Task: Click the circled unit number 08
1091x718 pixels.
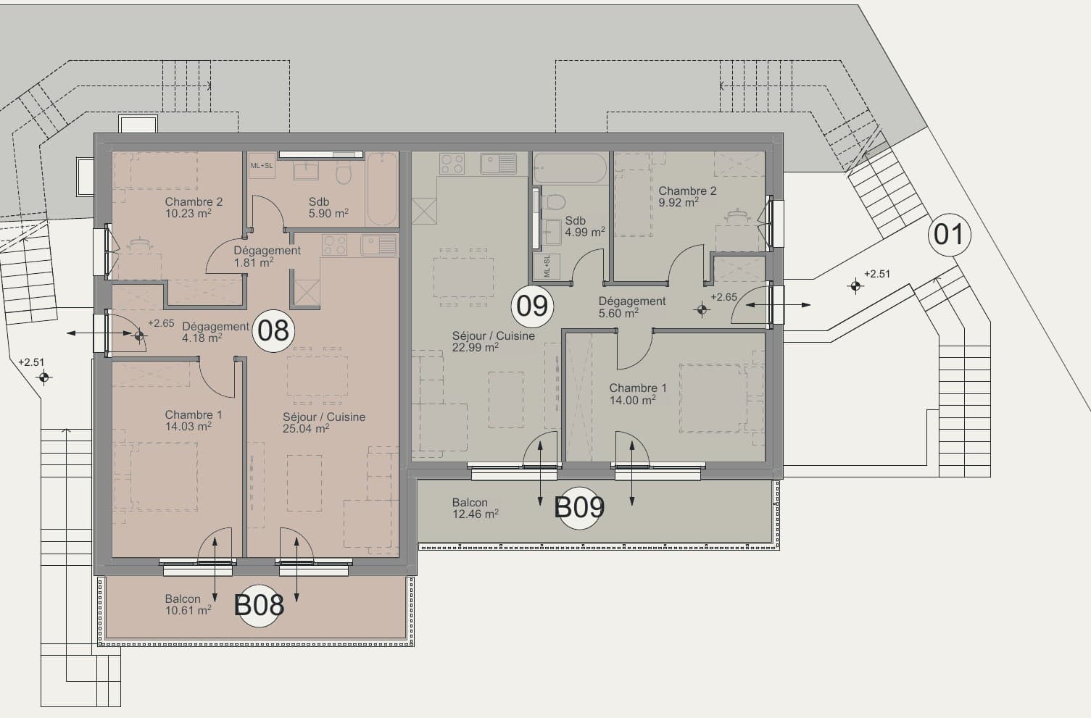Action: click(273, 331)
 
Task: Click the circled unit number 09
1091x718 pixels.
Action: click(532, 306)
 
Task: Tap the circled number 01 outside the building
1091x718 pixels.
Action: click(949, 235)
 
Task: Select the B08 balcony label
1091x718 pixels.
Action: click(259, 605)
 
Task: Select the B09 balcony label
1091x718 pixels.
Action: click(579, 508)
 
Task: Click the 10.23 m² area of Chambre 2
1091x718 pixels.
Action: click(188, 214)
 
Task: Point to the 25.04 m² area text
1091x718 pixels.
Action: click(306, 429)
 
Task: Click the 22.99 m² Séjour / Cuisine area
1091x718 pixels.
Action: click(476, 348)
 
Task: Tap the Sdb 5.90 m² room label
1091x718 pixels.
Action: click(328, 208)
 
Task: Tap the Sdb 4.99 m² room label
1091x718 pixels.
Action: click(584, 227)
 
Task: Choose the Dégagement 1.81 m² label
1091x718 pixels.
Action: click(267, 256)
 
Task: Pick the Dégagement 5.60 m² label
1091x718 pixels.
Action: click(632, 307)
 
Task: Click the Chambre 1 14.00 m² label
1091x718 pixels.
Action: click(637, 394)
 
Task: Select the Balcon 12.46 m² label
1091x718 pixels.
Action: click(476, 508)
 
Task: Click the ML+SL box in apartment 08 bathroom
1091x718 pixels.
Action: click(262, 165)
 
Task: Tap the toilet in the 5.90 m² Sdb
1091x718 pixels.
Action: click(344, 173)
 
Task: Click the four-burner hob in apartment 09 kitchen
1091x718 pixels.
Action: click(452, 164)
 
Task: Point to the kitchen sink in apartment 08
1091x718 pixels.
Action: click(379, 246)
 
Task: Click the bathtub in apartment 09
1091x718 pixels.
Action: click(571, 168)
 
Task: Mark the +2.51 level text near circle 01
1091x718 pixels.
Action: click(877, 274)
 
